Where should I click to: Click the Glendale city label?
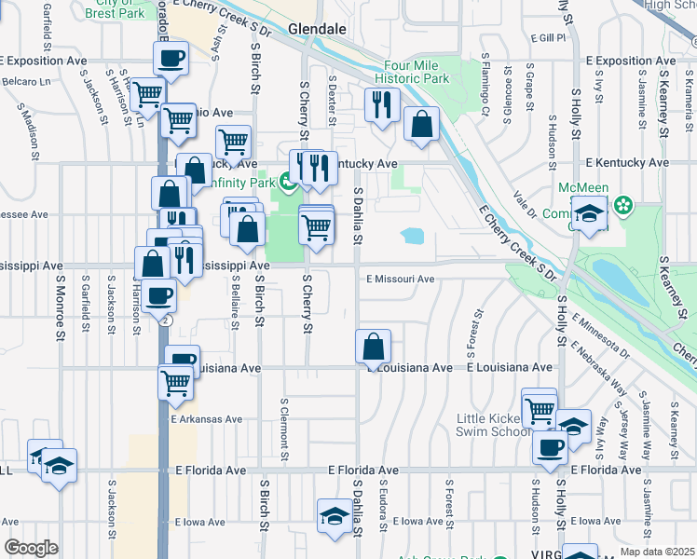pos(317,30)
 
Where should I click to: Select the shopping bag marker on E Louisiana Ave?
pos(373,347)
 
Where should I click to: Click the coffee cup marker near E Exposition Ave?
pos(171,58)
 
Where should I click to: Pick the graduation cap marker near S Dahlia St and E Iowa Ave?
pos(335,515)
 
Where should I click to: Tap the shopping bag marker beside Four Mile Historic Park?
pos(422,124)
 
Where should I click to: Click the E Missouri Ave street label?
pos(401,279)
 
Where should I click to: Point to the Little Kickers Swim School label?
pos(492,426)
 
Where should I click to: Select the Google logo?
pos(30,548)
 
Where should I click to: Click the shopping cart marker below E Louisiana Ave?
pos(176,382)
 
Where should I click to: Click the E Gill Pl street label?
pos(549,38)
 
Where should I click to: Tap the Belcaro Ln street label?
pos(25,82)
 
